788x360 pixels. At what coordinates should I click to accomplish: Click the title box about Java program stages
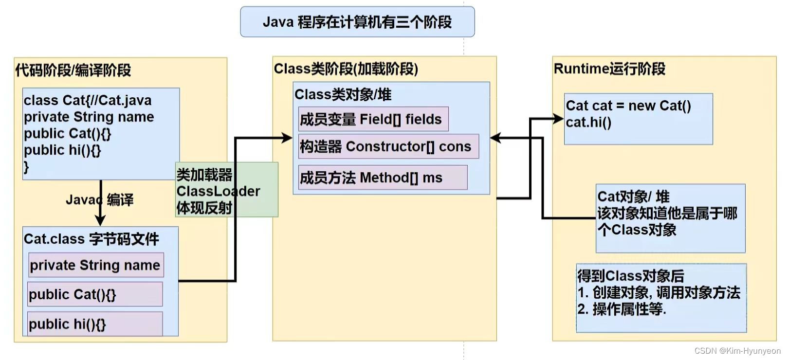[357, 22]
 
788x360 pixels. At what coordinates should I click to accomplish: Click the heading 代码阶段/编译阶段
[73, 71]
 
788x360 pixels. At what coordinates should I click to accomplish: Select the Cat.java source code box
[101, 134]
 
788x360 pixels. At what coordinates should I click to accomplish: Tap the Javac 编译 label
[100, 199]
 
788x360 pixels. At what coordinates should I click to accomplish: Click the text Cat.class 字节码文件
[91, 239]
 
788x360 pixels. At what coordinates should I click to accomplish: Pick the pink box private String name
[95, 265]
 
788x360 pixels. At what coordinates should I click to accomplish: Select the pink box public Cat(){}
[95, 294]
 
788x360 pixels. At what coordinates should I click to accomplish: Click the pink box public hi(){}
[95, 324]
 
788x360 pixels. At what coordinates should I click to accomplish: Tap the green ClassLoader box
[226, 190]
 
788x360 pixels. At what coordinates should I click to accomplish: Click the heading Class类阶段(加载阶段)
[346, 69]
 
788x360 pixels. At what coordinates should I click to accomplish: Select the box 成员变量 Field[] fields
[373, 119]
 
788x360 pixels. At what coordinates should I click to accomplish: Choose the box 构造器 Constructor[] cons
[388, 146]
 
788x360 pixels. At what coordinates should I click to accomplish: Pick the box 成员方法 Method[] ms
[382, 178]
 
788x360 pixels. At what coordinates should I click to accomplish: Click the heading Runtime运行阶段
[609, 69]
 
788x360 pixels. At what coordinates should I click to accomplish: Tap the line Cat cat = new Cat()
[628, 106]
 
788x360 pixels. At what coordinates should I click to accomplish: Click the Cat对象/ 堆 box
[670, 218]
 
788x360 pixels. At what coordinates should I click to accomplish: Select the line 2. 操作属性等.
[622, 309]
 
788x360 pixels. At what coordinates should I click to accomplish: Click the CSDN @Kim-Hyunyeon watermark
[737, 351]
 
